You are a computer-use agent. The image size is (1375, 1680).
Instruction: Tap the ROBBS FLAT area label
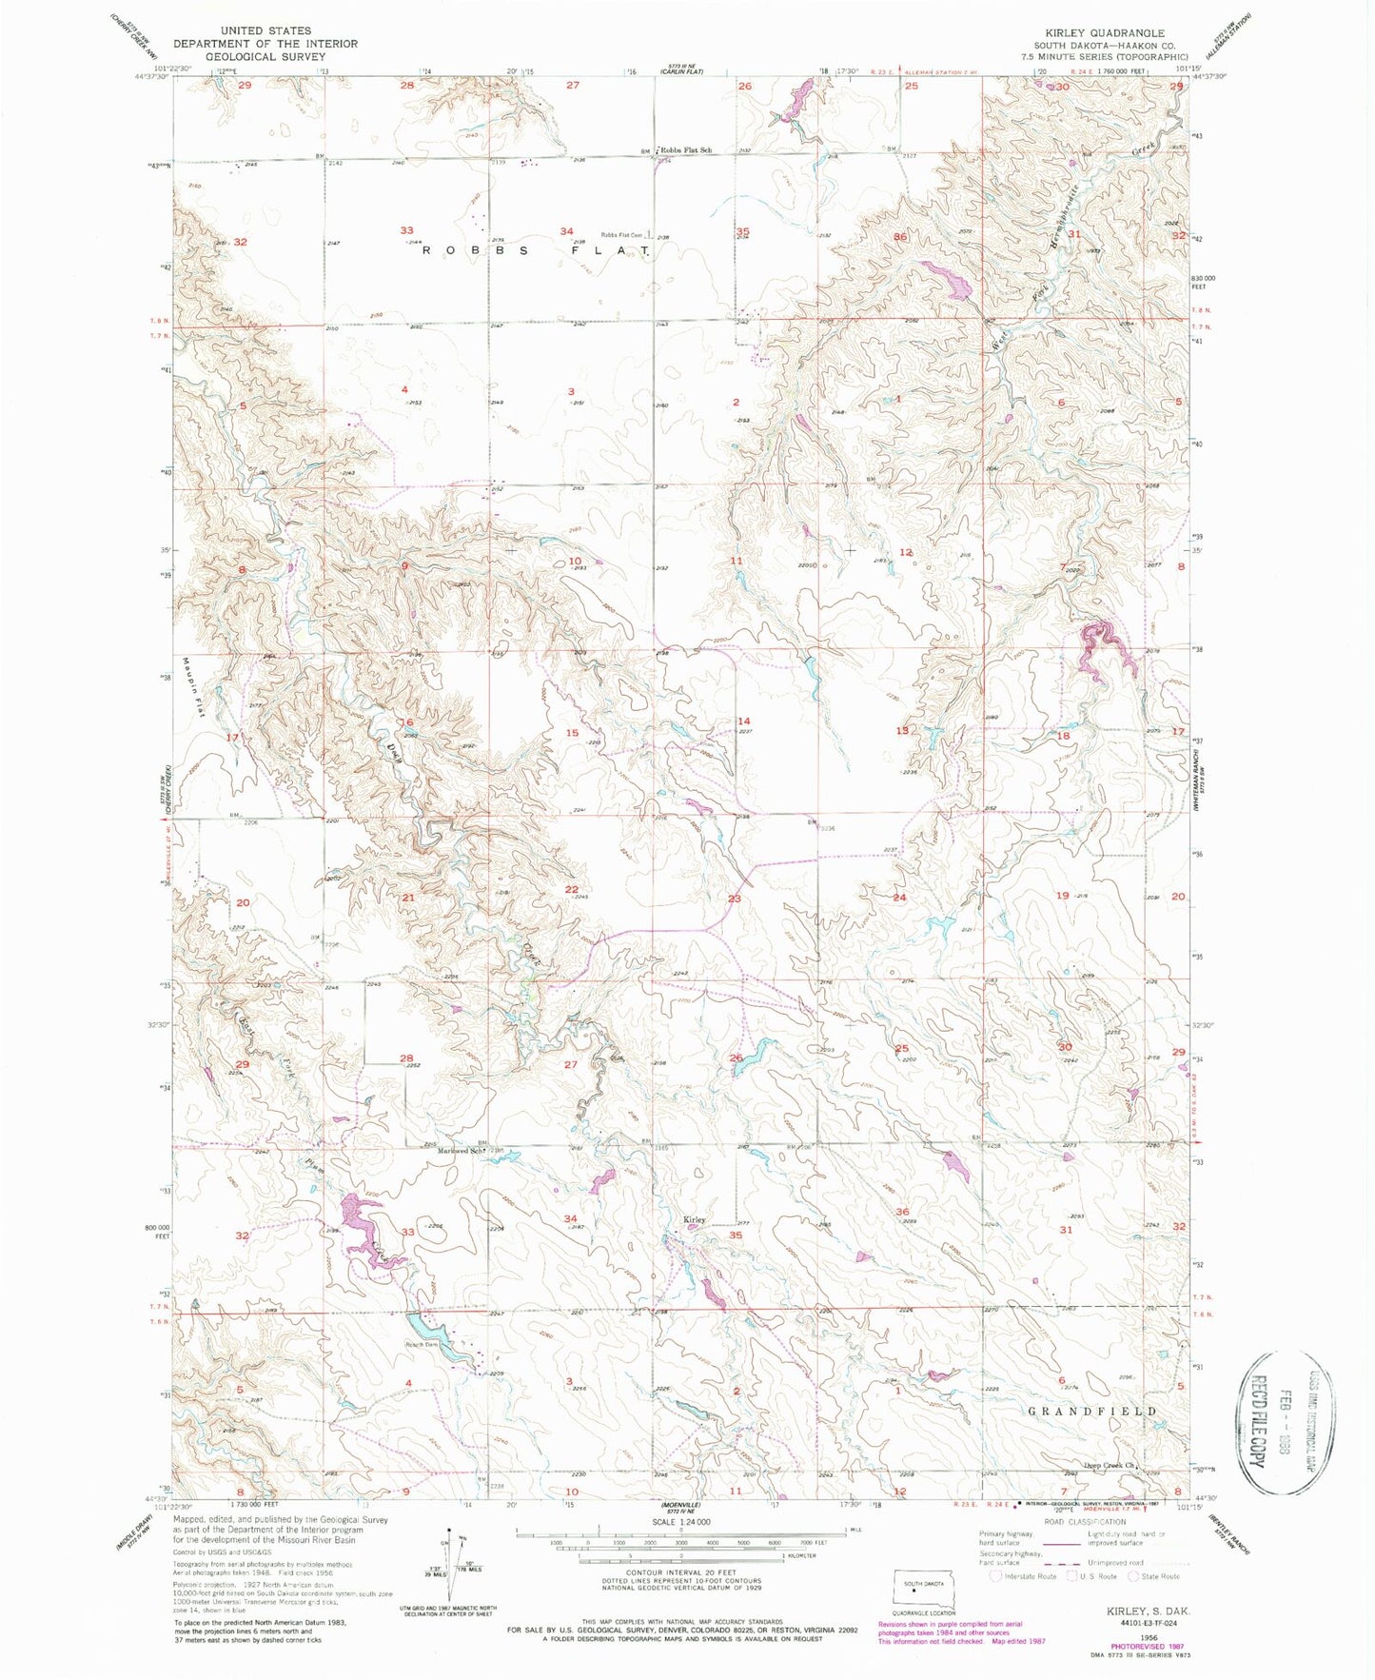(536, 250)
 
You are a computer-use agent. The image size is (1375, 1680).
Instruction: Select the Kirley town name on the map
(695, 1219)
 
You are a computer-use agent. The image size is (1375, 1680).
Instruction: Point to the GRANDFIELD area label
(1093, 1411)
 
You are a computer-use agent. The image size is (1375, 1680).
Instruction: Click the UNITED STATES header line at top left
(265, 31)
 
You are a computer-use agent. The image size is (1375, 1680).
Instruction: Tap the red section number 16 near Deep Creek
(406, 722)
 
